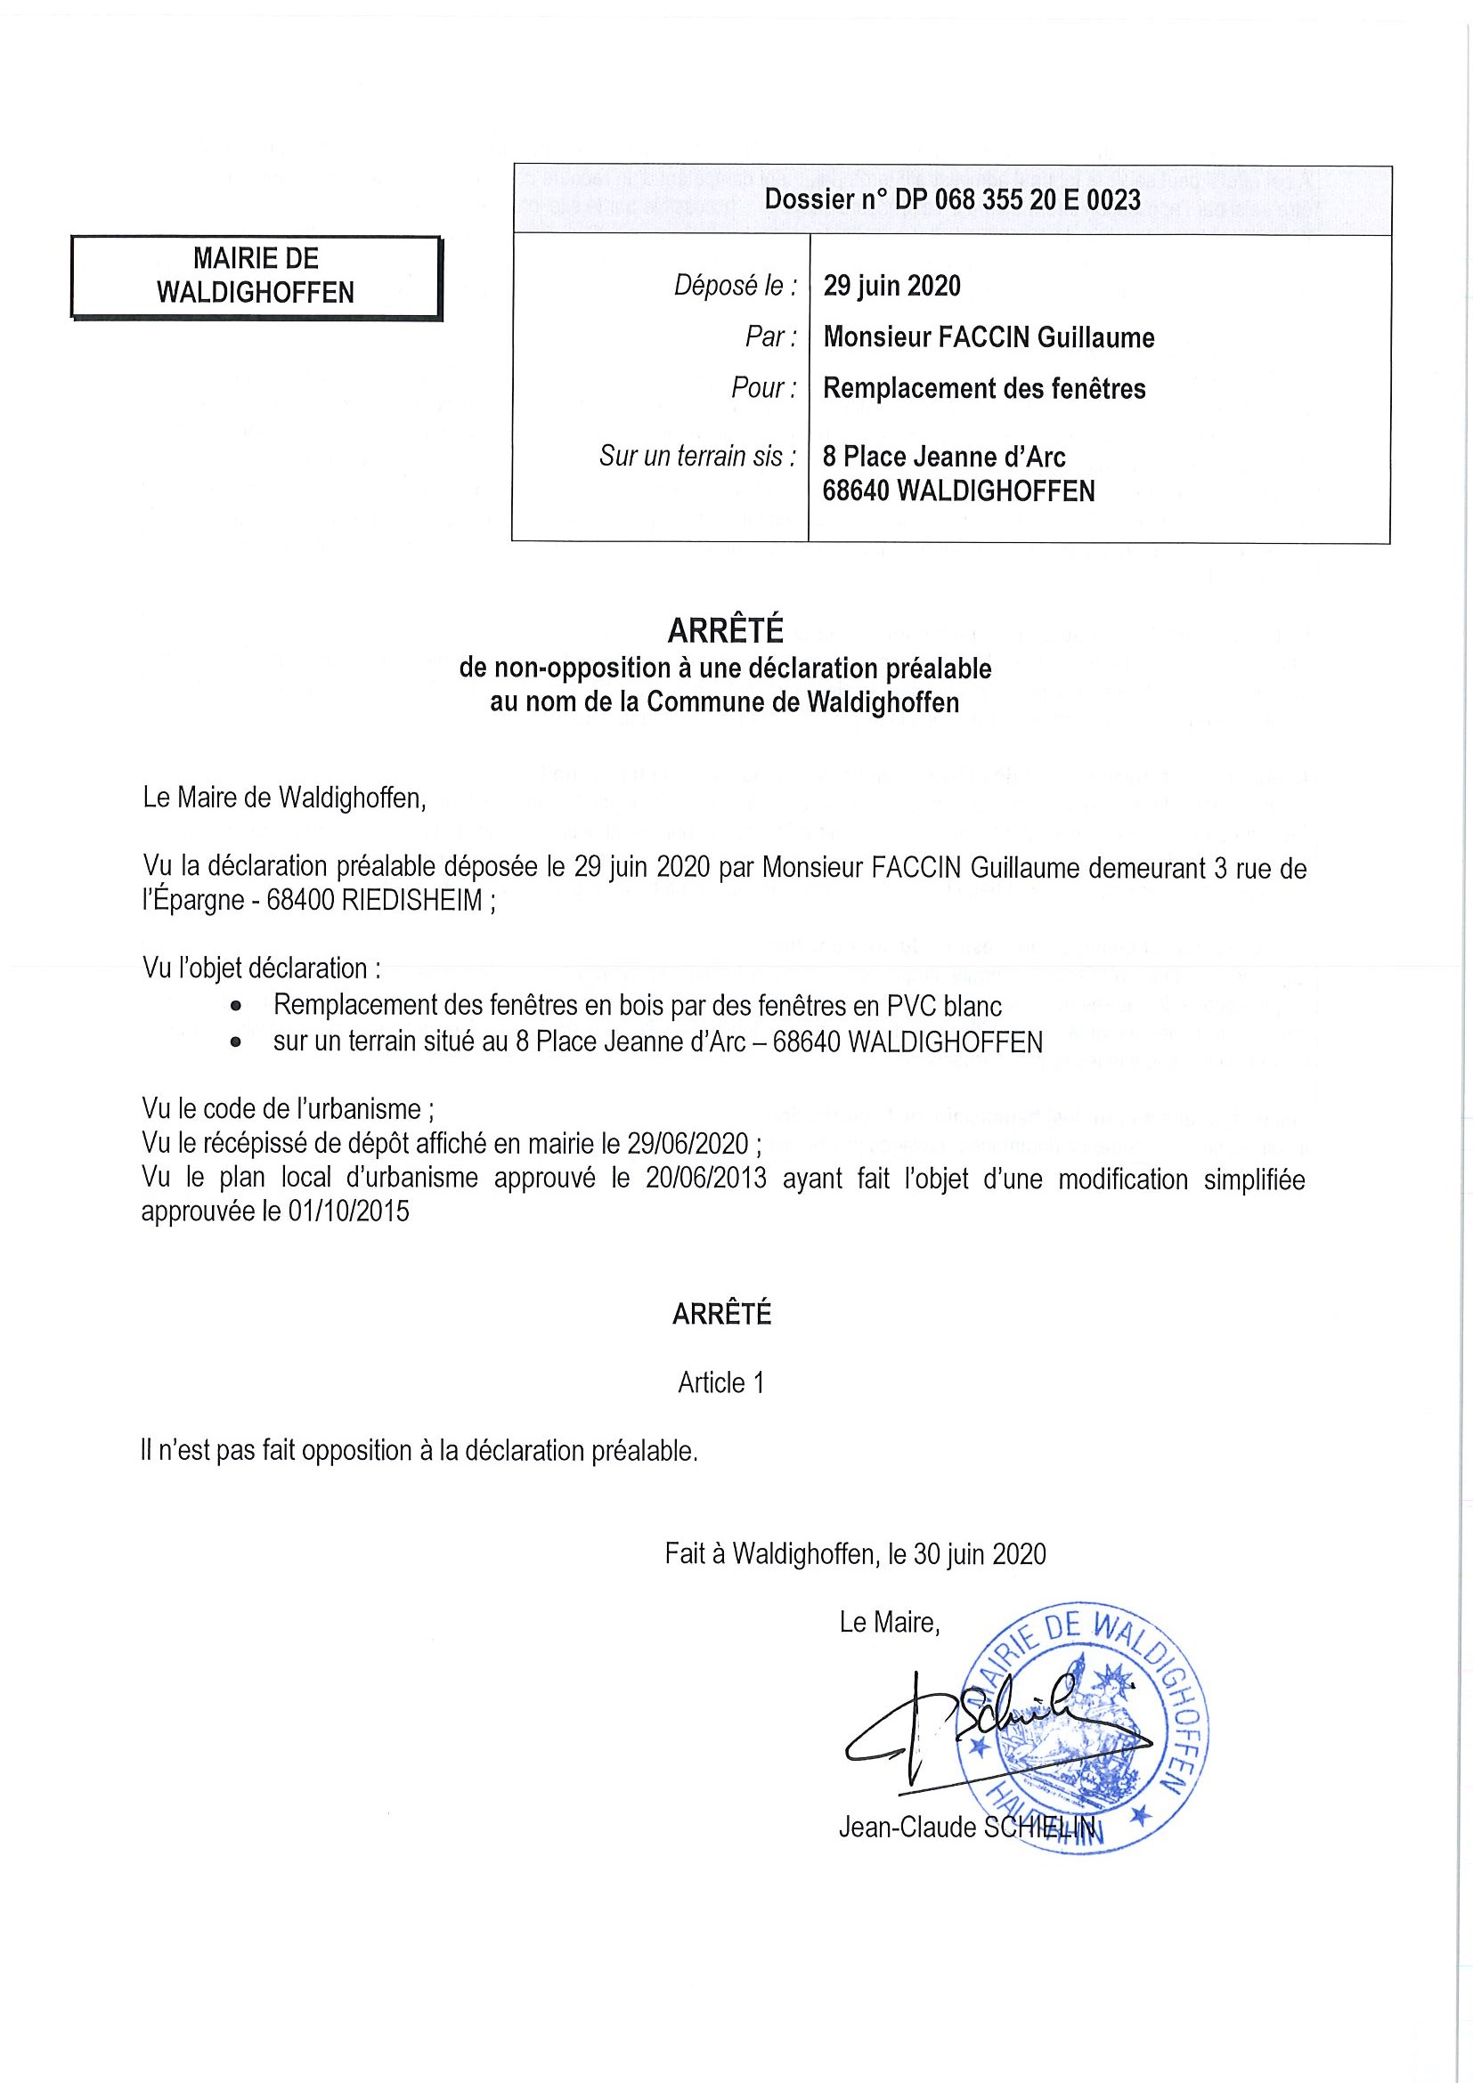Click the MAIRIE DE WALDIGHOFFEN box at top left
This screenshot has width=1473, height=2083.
tap(256, 276)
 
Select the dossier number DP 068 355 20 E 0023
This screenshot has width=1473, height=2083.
tap(952, 199)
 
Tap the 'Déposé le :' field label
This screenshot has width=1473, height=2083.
tap(735, 286)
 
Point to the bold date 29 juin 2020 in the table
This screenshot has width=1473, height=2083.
tap(891, 286)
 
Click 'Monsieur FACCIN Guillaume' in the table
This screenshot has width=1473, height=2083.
tap(989, 337)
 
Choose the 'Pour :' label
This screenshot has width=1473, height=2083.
tap(763, 388)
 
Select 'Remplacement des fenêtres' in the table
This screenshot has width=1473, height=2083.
tap(984, 388)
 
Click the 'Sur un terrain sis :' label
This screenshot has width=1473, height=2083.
tap(697, 456)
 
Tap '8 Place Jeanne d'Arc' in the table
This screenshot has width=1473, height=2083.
tap(944, 457)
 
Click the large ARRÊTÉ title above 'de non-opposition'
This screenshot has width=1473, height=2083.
tap(724, 629)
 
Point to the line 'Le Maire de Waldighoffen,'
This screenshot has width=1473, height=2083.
tap(284, 798)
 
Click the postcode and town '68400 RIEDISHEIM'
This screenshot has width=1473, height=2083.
tap(375, 901)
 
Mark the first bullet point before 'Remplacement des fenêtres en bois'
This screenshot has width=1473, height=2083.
tap(236, 1006)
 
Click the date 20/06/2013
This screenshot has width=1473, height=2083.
tap(706, 1179)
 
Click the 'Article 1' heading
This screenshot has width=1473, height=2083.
tap(720, 1382)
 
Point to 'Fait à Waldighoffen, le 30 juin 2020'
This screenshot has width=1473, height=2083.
tap(855, 1554)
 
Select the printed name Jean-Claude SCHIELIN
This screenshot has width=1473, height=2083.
tap(966, 1828)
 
